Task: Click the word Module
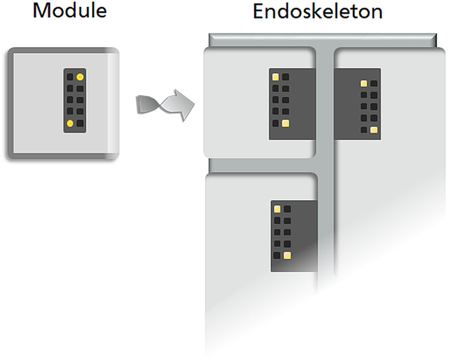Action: (70, 11)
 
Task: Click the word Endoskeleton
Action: (317, 12)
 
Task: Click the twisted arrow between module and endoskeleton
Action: (165, 105)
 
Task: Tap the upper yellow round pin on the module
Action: (81, 77)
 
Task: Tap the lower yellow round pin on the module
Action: (70, 123)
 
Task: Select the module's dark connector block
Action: (75, 100)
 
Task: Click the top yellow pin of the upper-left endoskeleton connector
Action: (276, 77)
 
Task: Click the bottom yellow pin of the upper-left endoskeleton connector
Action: (285, 123)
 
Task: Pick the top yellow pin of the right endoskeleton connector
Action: (364, 83)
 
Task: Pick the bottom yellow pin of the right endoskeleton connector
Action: (374, 130)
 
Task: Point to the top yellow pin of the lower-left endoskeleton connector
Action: (277, 209)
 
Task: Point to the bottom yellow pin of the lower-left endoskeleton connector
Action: (287, 255)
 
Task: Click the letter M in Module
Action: (41, 11)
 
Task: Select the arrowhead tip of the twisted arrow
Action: (194, 105)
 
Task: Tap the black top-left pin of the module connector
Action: (70, 77)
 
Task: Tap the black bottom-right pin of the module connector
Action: (81, 123)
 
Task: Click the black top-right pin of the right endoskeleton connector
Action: (374, 83)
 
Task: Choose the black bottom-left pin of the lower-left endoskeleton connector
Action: (277, 255)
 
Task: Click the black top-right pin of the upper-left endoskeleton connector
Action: (285, 77)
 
